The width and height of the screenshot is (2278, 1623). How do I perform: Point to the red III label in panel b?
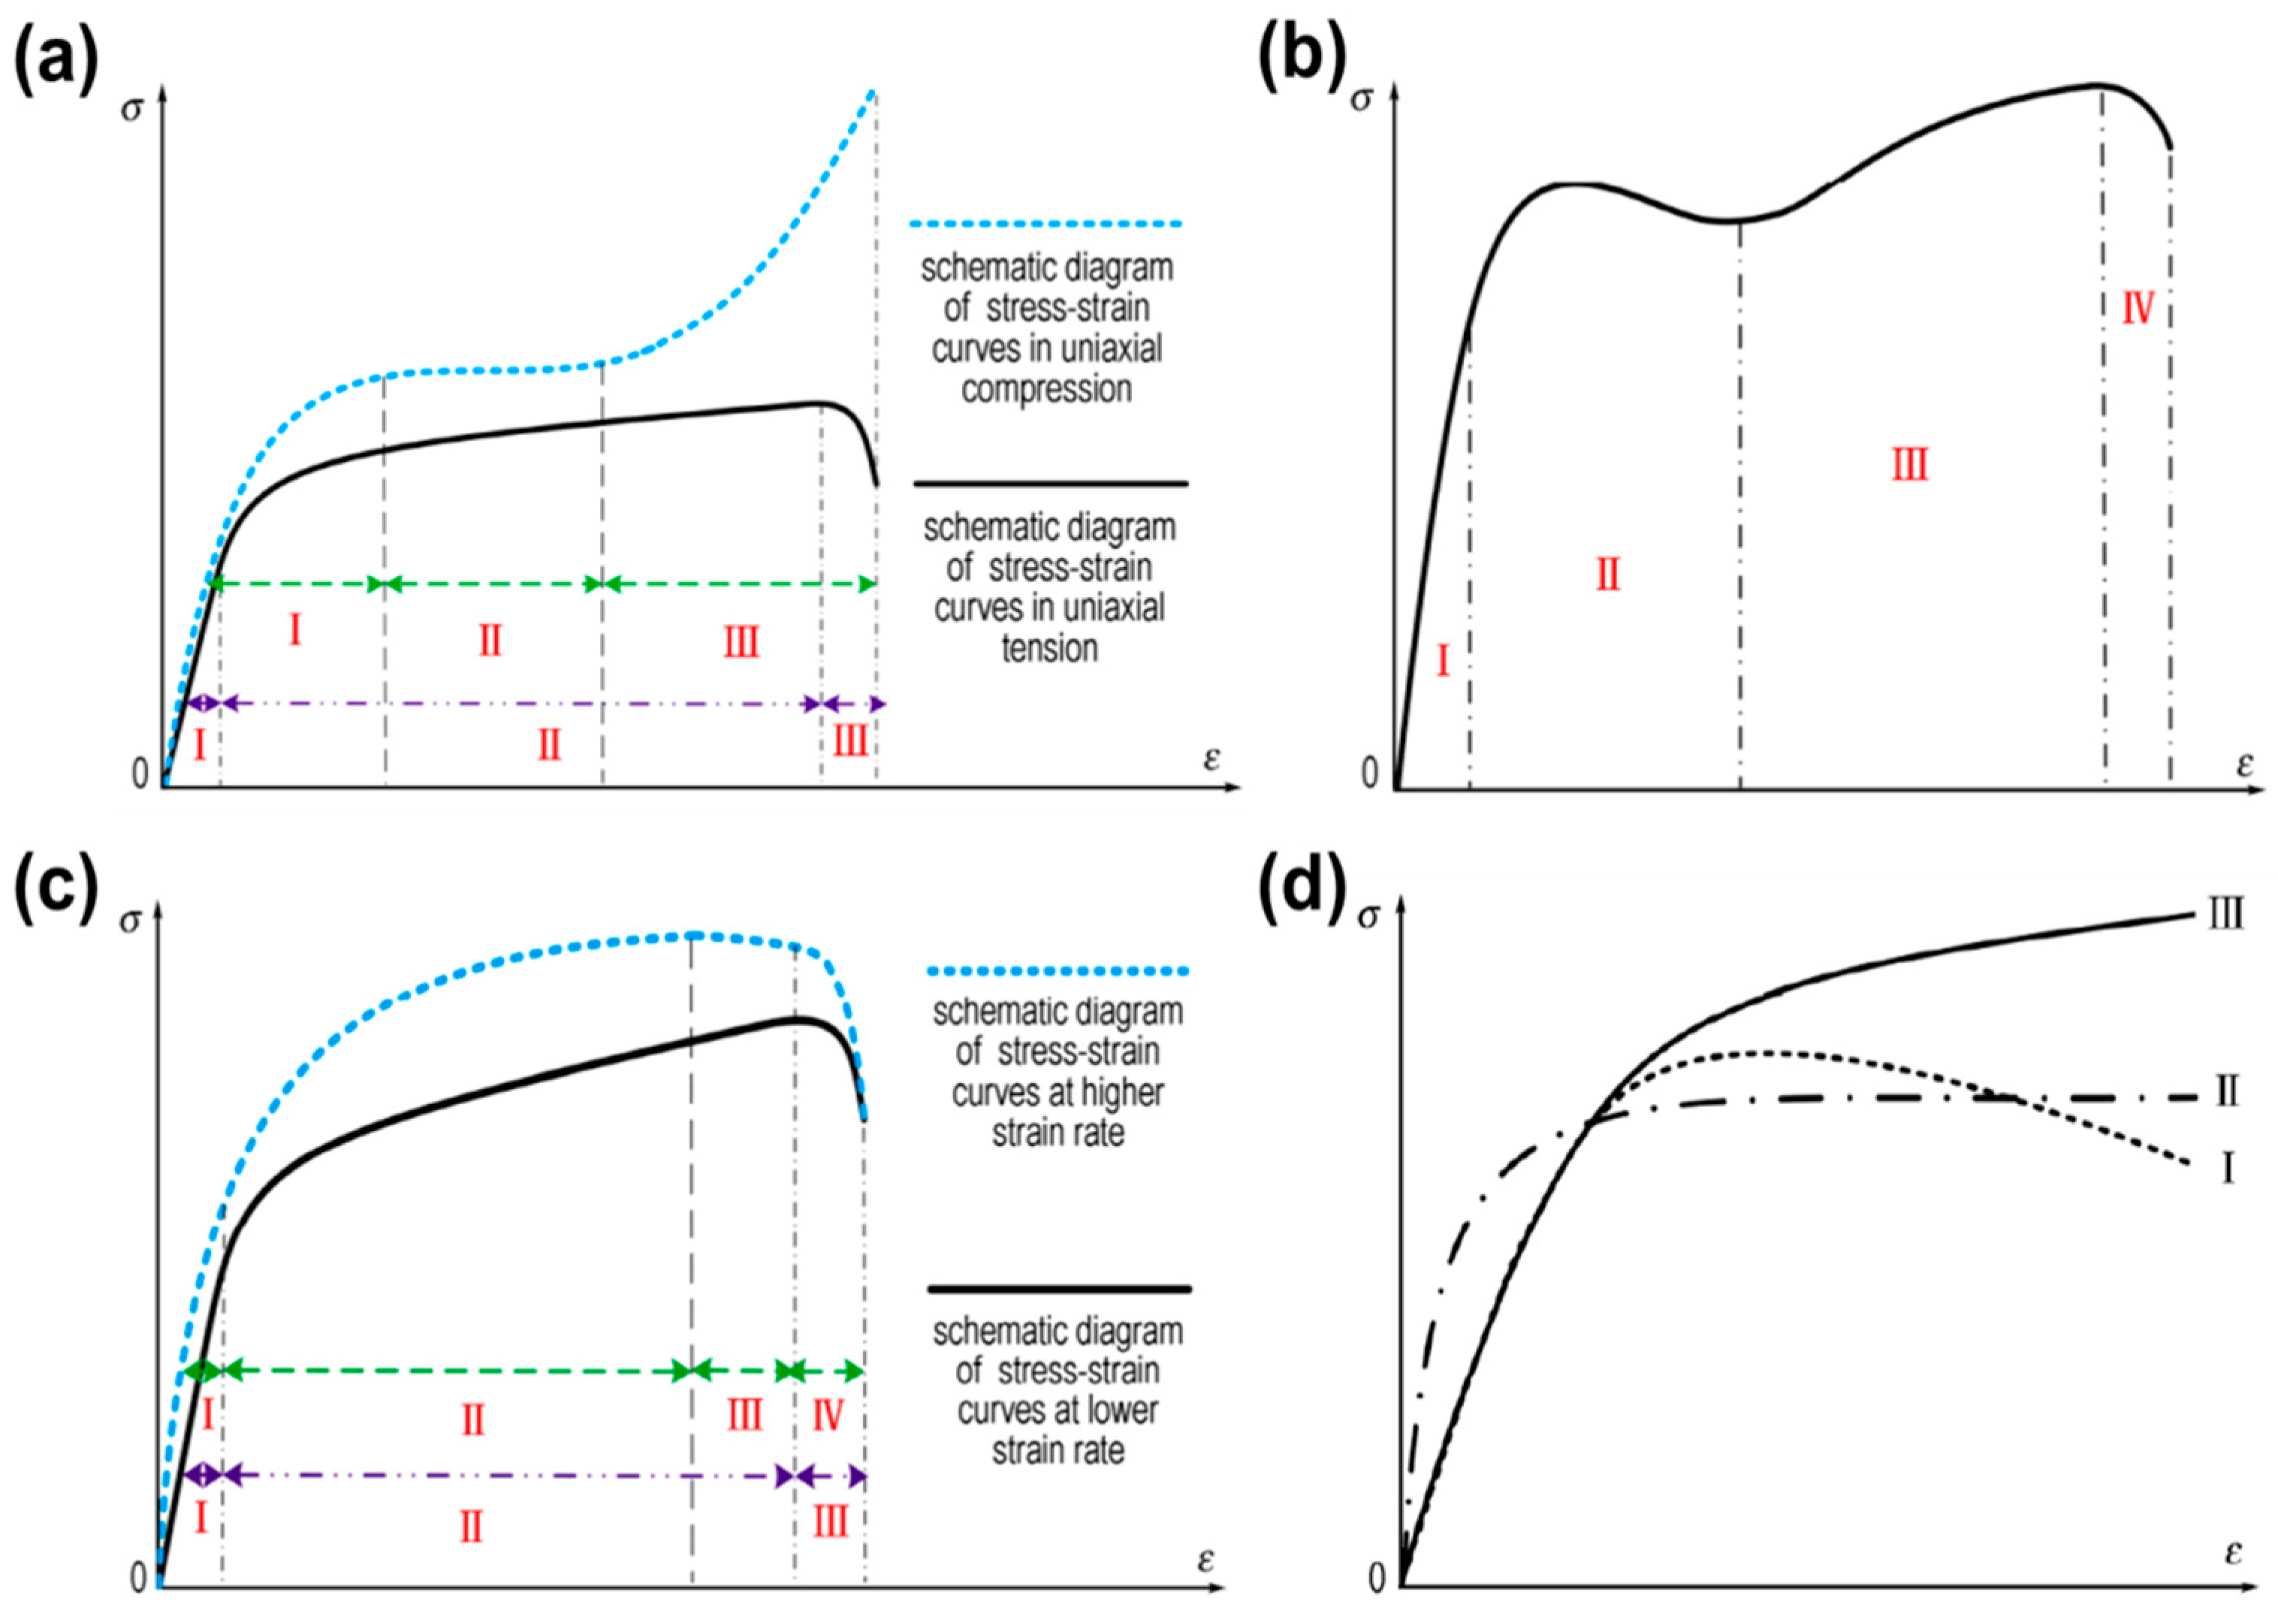(x=1909, y=466)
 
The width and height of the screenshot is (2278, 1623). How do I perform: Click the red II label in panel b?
(x=1607, y=575)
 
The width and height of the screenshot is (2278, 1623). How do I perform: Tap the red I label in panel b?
(x=1442, y=661)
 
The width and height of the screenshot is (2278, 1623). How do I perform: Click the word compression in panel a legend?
(x=1046, y=390)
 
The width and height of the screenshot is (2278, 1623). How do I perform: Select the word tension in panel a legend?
(x=1049, y=649)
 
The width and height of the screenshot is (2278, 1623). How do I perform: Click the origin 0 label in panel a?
(x=140, y=774)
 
